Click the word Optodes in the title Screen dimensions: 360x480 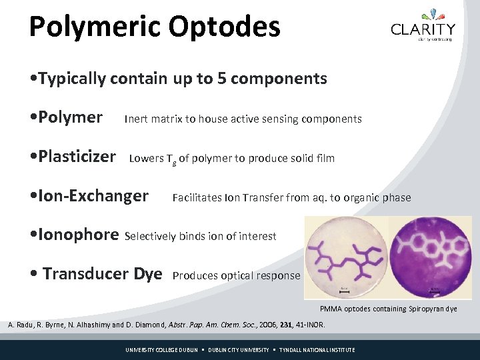(x=225, y=27)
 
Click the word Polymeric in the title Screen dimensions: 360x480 (x=94, y=27)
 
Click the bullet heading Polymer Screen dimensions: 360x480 (x=70, y=118)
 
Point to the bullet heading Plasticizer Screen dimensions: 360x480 (x=77, y=157)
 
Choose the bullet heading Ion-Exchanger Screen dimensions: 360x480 (x=93, y=196)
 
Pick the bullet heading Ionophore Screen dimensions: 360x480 (x=79, y=235)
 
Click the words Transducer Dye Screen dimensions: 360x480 (x=102, y=274)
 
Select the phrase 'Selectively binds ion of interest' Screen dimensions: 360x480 (x=201, y=236)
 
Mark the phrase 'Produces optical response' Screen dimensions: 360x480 (x=236, y=275)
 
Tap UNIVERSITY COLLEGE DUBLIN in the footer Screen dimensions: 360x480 (x=162, y=350)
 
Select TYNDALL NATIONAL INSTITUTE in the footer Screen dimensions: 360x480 (x=317, y=350)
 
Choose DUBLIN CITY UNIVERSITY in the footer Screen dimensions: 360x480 (x=239, y=350)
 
